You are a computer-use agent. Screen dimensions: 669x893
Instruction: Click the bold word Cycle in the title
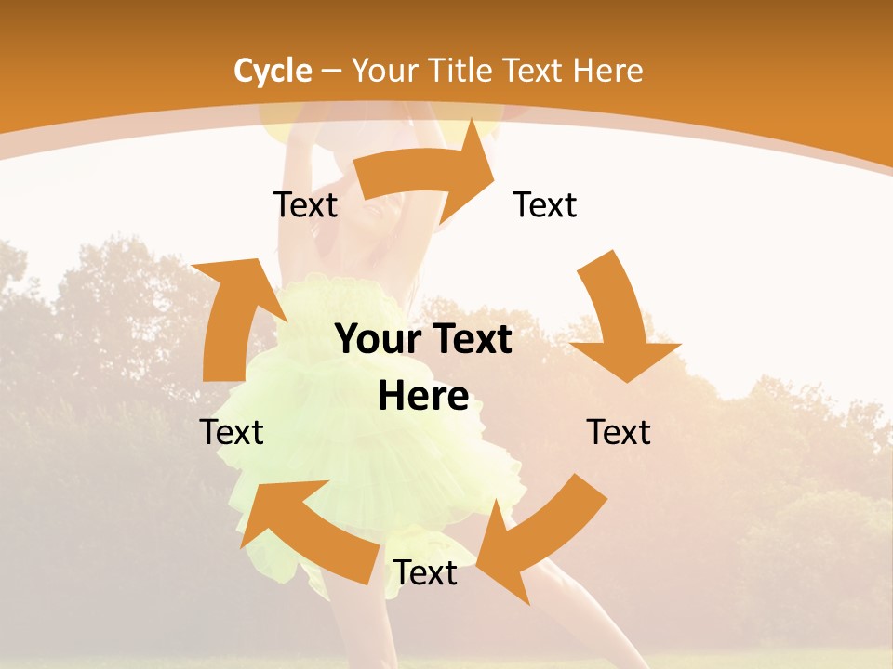click(273, 71)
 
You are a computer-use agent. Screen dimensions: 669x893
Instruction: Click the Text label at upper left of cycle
click(305, 204)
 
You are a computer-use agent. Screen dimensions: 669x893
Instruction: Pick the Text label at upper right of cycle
click(545, 204)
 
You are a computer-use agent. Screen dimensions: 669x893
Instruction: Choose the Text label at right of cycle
click(619, 432)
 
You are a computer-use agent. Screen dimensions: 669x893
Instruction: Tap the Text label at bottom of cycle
click(425, 573)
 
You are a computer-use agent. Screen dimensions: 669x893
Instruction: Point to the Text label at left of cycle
click(232, 432)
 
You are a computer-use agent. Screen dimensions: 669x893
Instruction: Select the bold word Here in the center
click(423, 397)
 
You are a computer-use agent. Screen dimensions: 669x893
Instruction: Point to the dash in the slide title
click(331, 71)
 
